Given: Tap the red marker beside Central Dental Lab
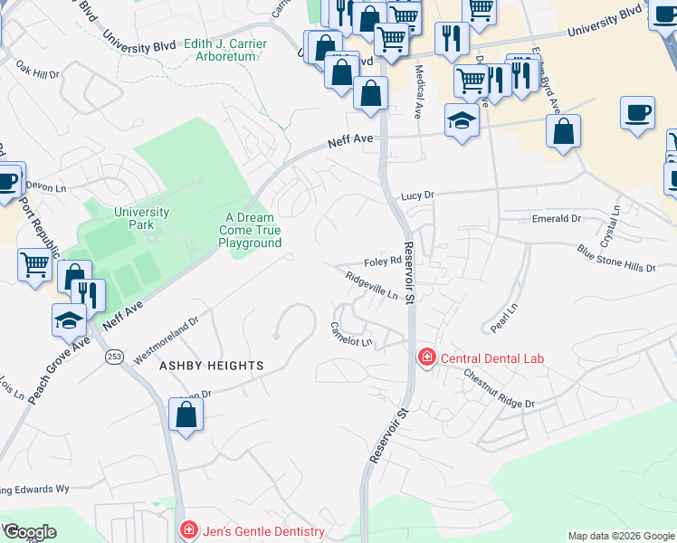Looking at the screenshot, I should click(x=426, y=358).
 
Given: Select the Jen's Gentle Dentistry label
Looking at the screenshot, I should click(x=262, y=530).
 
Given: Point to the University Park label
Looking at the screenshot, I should click(x=141, y=218).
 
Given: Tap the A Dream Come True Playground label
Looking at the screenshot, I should click(x=250, y=230).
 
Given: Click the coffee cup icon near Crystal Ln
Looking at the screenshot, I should click(x=637, y=113).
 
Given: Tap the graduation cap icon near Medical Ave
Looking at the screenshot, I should click(x=462, y=120).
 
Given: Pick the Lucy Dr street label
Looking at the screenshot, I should click(x=418, y=195).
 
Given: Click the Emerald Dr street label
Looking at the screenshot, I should click(x=556, y=219).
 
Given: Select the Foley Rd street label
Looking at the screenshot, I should click(x=382, y=262).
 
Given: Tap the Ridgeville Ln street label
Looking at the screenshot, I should click(x=373, y=289).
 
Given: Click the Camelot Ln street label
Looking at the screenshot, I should click(x=351, y=335).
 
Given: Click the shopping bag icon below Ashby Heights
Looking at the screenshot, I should click(x=186, y=415).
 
